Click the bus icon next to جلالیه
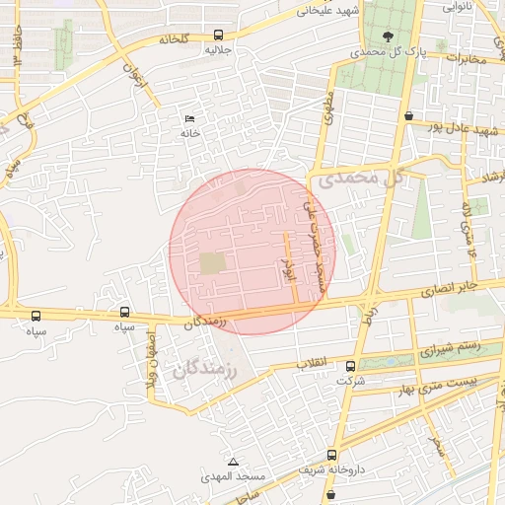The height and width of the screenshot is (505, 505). (218, 34)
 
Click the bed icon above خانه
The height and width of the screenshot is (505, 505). (189, 119)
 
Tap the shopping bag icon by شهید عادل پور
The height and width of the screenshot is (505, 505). (408, 116)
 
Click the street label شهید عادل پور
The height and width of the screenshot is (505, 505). (458, 128)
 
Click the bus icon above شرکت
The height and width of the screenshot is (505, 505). (350, 367)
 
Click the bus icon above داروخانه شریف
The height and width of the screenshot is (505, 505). (331, 456)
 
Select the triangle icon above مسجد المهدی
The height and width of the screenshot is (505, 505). (234, 462)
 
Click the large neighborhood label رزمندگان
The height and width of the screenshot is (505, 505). (207, 370)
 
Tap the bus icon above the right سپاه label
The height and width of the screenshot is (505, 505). (123, 312)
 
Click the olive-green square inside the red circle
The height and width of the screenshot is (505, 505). (212, 263)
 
